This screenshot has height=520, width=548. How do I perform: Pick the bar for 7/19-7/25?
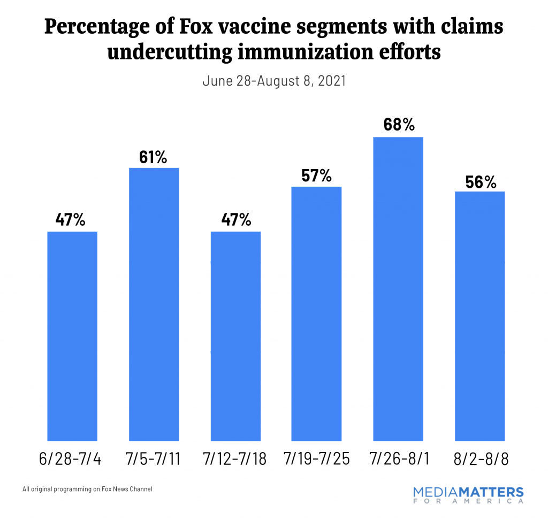316,313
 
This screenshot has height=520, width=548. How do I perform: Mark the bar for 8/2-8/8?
479,315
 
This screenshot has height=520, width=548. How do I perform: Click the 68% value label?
398,125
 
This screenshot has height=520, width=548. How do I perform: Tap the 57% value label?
316,175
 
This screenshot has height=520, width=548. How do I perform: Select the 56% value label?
479,182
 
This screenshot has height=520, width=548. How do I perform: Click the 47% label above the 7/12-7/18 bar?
235,220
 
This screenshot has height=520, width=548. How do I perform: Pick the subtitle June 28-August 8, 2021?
273,81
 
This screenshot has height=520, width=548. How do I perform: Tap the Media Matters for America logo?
468,495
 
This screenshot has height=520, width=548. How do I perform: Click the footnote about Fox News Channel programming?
88,489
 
